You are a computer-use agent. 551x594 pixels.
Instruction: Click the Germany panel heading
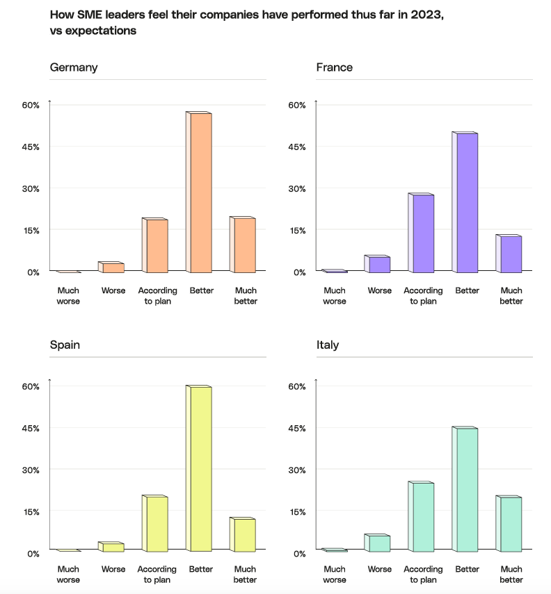tap(74, 67)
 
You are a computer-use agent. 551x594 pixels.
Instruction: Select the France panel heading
tap(334, 67)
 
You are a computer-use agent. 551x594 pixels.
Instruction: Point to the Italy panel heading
tap(327, 345)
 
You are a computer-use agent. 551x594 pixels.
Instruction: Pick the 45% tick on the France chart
tap(296, 147)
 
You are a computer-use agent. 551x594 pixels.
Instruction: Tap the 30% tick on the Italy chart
tap(296, 470)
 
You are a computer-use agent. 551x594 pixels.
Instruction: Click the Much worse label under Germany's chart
tap(68, 295)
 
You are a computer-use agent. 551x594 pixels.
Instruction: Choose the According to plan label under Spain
tap(157, 574)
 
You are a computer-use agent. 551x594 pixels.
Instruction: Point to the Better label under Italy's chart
tap(467, 569)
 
